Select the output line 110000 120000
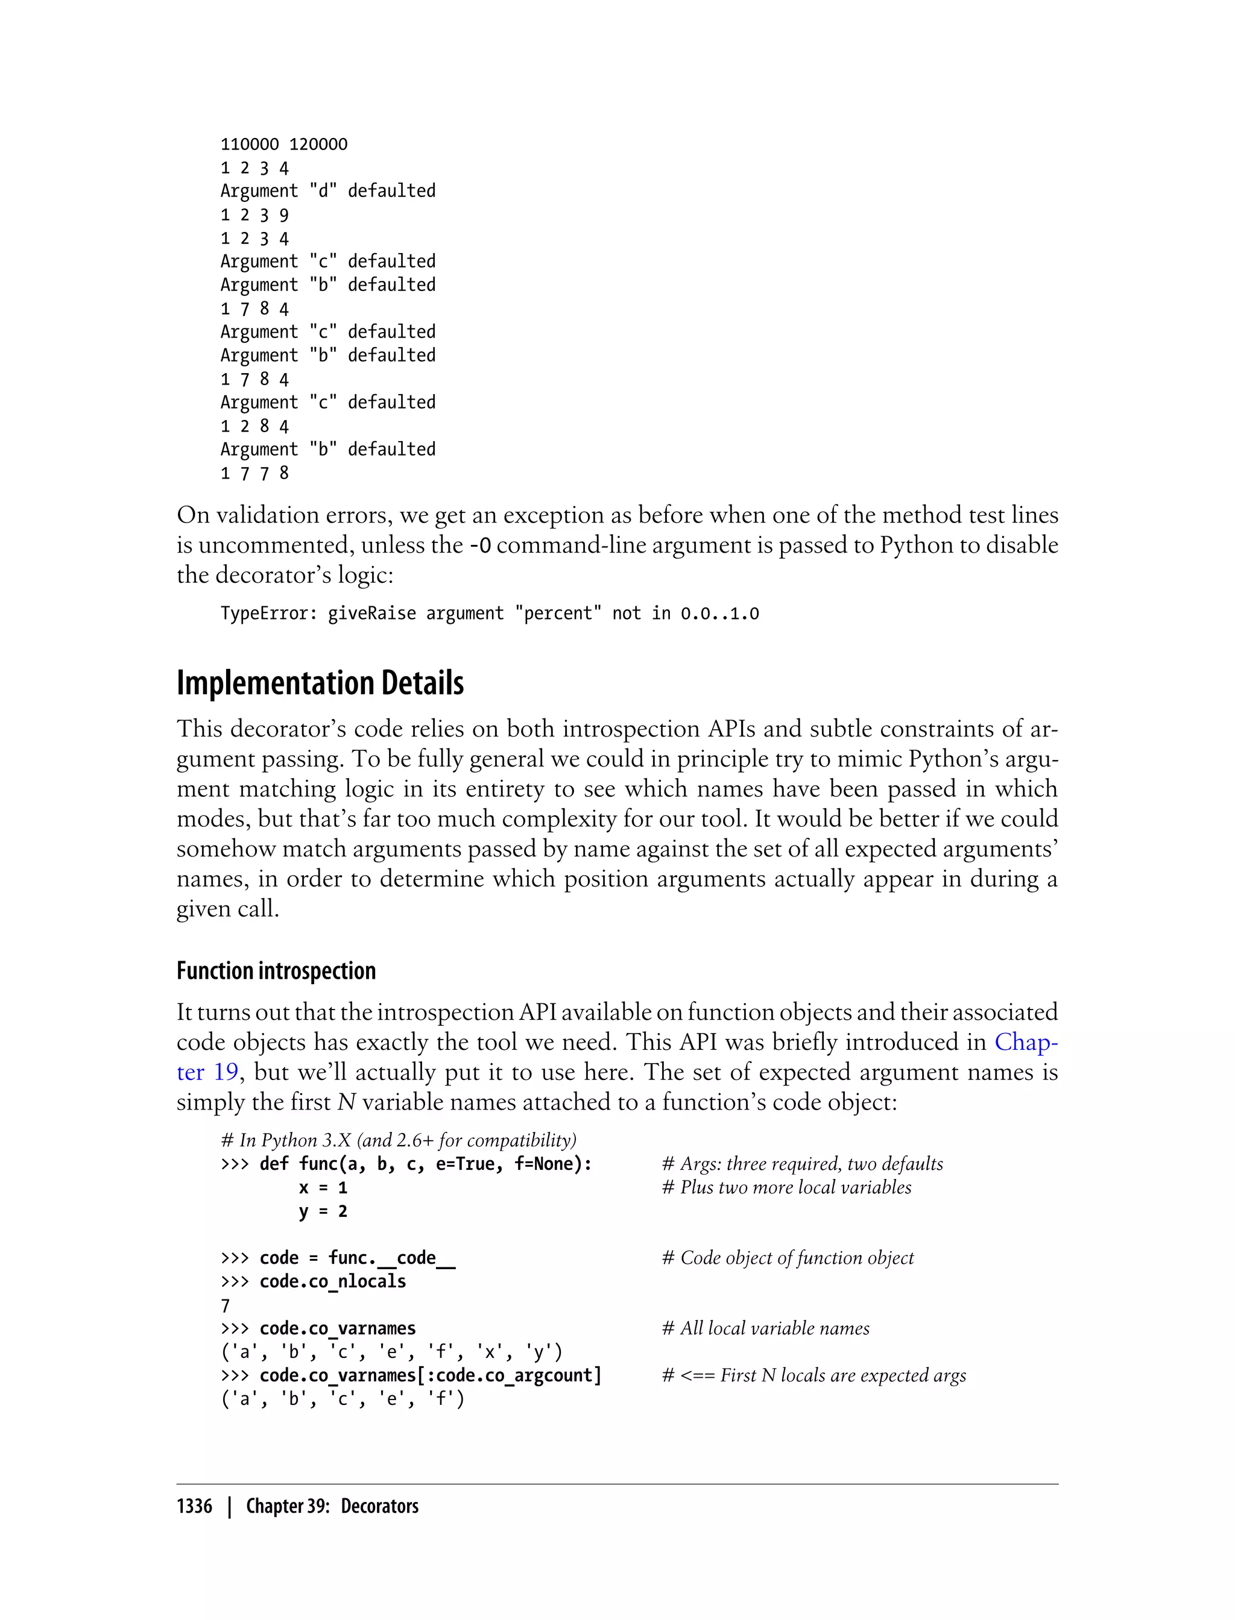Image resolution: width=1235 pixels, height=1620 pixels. click(284, 145)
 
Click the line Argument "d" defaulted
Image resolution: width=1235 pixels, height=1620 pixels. click(328, 191)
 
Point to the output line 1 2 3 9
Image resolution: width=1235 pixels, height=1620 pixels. click(254, 215)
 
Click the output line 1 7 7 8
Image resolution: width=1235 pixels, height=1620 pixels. click(254, 473)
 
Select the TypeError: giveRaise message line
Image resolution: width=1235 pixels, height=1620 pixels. click(490, 614)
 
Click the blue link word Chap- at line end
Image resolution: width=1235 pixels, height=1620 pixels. click(1026, 1042)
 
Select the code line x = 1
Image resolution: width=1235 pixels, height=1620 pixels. click(323, 1187)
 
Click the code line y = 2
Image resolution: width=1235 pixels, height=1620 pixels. click(323, 1211)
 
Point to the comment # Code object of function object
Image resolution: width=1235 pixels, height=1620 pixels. click(788, 1258)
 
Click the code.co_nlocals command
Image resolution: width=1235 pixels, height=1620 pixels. click(332, 1281)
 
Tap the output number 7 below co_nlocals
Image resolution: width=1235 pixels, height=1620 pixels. click(226, 1305)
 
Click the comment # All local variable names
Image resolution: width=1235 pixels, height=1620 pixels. click(765, 1328)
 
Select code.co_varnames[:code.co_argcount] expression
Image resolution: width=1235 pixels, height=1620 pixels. click(430, 1375)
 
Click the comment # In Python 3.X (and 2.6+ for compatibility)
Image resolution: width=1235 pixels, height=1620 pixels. click(399, 1140)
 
